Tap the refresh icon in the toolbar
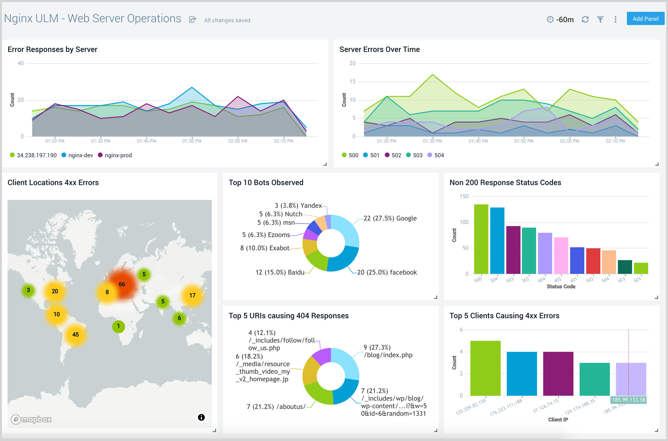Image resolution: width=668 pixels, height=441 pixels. (x=585, y=19)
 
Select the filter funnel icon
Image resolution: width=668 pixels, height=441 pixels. (x=600, y=19)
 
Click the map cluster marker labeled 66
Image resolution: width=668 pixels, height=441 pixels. (x=122, y=284)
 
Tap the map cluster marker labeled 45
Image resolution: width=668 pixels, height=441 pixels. (x=75, y=334)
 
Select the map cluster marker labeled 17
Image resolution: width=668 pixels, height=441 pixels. (x=192, y=295)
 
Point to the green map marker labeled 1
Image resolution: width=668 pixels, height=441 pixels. (x=118, y=326)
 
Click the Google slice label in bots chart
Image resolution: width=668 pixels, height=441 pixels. (x=390, y=218)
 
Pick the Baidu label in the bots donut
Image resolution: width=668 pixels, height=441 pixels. (x=280, y=272)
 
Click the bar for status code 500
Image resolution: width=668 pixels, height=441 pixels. (x=481, y=239)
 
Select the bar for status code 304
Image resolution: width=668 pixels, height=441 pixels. (x=497, y=241)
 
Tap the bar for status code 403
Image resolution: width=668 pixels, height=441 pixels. (x=625, y=267)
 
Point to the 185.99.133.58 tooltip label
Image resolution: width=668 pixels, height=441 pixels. (x=628, y=400)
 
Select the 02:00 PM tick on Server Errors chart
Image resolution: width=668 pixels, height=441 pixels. (x=569, y=141)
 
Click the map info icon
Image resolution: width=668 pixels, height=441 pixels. (x=201, y=417)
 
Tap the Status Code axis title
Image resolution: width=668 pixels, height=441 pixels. (x=561, y=287)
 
